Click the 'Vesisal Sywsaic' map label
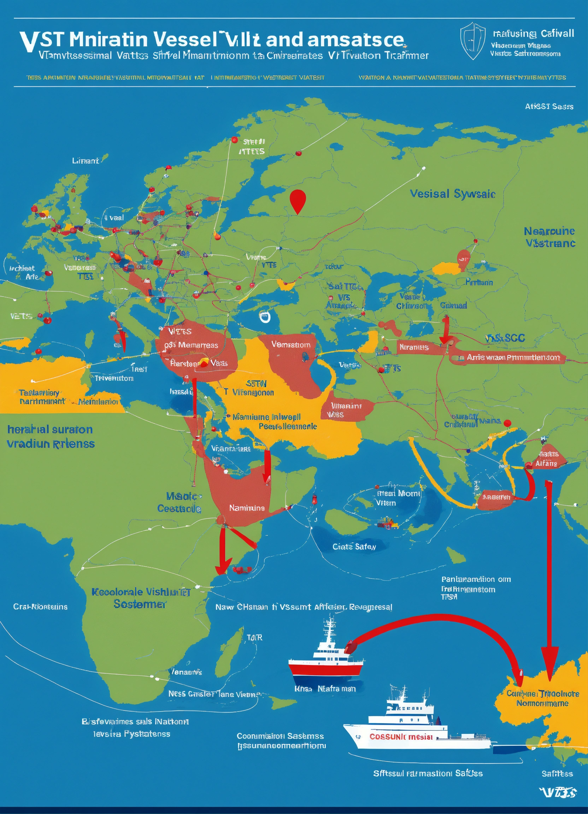pyautogui.click(x=452, y=194)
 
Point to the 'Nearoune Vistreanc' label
pyautogui.click(x=549, y=237)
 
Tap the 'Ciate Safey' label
pyautogui.click(x=354, y=547)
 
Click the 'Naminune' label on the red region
pyautogui.click(x=247, y=508)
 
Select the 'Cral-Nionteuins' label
pyautogui.click(x=40, y=607)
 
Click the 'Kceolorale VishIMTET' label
pyautogui.click(x=141, y=592)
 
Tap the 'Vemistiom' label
pyautogui.click(x=291, y=344)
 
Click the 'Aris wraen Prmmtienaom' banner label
pyautogui.click(x=513, y=358)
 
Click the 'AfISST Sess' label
pyautogui.click(x=549, y=107)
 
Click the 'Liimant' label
pyautogui.click(x=86, y=161)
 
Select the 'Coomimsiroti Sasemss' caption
pyautogui.click(x=280, y=736)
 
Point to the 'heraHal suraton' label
pyautogui.click(x=50, y=429)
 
